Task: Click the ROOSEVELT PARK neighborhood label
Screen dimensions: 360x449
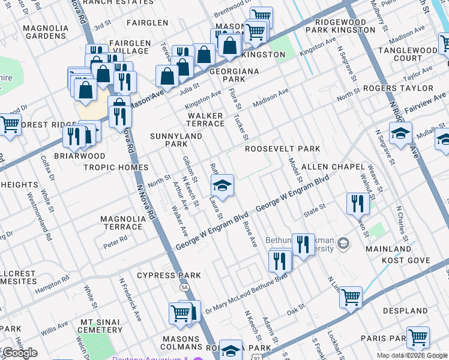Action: point(282,149)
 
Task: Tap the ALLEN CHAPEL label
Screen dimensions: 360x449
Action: point(333,166)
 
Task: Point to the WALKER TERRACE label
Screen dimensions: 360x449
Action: point(205,119)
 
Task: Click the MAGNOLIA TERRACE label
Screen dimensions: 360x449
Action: point(122,223)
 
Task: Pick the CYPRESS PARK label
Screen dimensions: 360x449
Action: point(169,275)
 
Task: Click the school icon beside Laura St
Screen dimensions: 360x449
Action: point(221,186)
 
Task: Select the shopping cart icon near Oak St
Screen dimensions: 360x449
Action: point(351,296)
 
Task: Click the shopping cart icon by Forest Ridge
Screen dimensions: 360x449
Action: point(10,125)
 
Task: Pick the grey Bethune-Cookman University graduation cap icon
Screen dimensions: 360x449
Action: point(343,243)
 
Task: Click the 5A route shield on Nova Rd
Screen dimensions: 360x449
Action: point(184,287)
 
